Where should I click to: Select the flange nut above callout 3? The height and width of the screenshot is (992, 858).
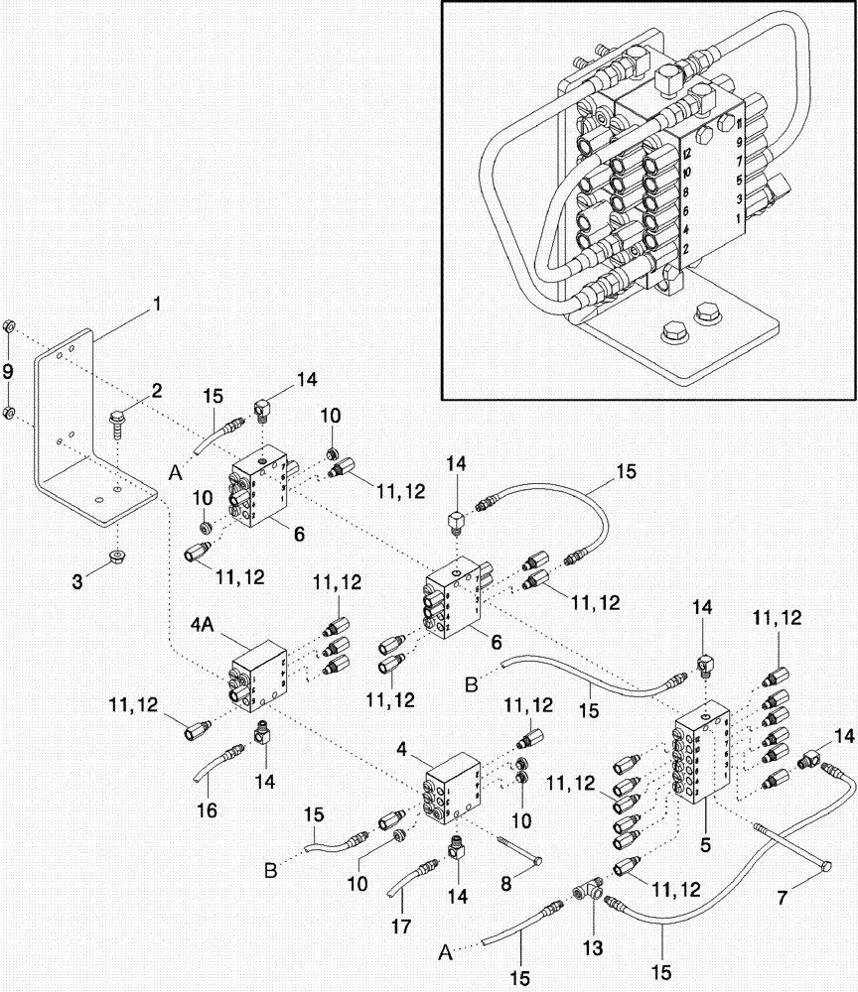[x=116, y=554]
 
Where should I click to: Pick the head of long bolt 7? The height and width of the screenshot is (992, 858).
[x=825, y=871]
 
